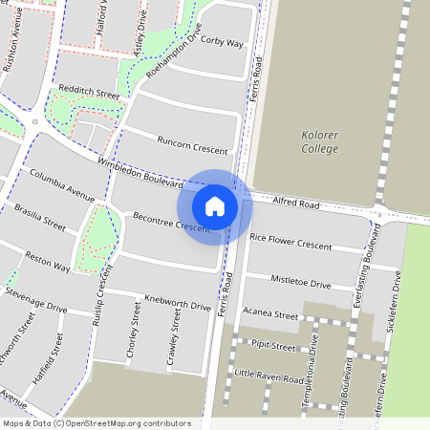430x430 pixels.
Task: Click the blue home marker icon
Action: (x=215, y=205)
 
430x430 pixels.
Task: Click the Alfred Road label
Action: (x=296, y=204)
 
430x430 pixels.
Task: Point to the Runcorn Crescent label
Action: (x=193, y=145)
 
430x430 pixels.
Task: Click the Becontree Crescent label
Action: (x=170, y=224)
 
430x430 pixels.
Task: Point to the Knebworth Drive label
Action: (x=177, y=303)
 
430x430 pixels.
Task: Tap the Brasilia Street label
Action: (x=39, y=218)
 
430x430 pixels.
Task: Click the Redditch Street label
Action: (x=88, y=95)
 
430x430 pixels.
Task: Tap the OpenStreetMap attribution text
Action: (x=96, y=423)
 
